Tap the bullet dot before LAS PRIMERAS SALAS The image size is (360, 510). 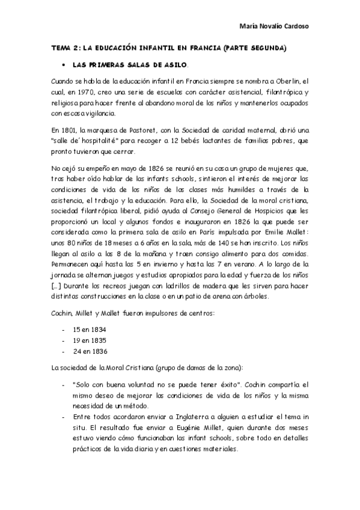point(63,64)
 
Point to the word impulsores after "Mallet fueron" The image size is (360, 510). point(152,313)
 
